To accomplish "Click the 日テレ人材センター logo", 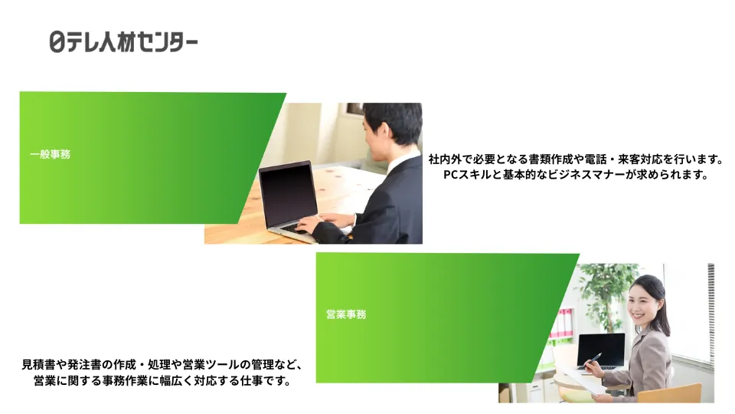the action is pos(123,41).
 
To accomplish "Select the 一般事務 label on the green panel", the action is pos(51,154).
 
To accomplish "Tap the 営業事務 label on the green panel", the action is pos(346,314).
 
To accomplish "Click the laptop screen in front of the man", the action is pos(288,193).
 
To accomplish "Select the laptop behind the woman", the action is pos(600,350).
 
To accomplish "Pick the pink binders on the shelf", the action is pos(563,324).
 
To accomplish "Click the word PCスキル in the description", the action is pos(467,175).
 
